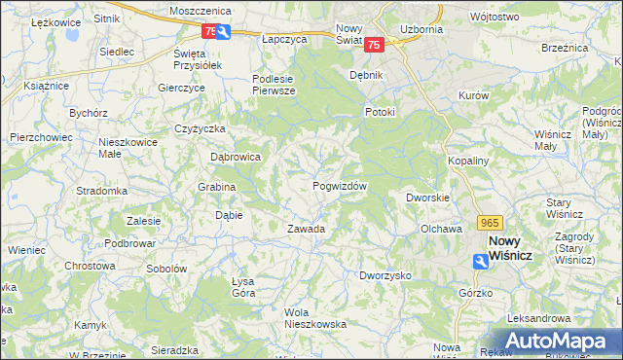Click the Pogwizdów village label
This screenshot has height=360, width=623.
click(x=340, y=186)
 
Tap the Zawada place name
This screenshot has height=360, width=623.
click(x=305, y=230)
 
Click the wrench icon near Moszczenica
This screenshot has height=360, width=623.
click(x=225, y=32)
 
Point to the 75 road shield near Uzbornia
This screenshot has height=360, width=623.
click(x=377, y=44)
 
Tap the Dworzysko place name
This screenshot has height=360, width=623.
click(x=385, y=275)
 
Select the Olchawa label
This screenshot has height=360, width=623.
click(x=440, y=230)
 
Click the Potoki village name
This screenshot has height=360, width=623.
click(x=380, y=112)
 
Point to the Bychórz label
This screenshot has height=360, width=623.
click(x=88, y=113)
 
